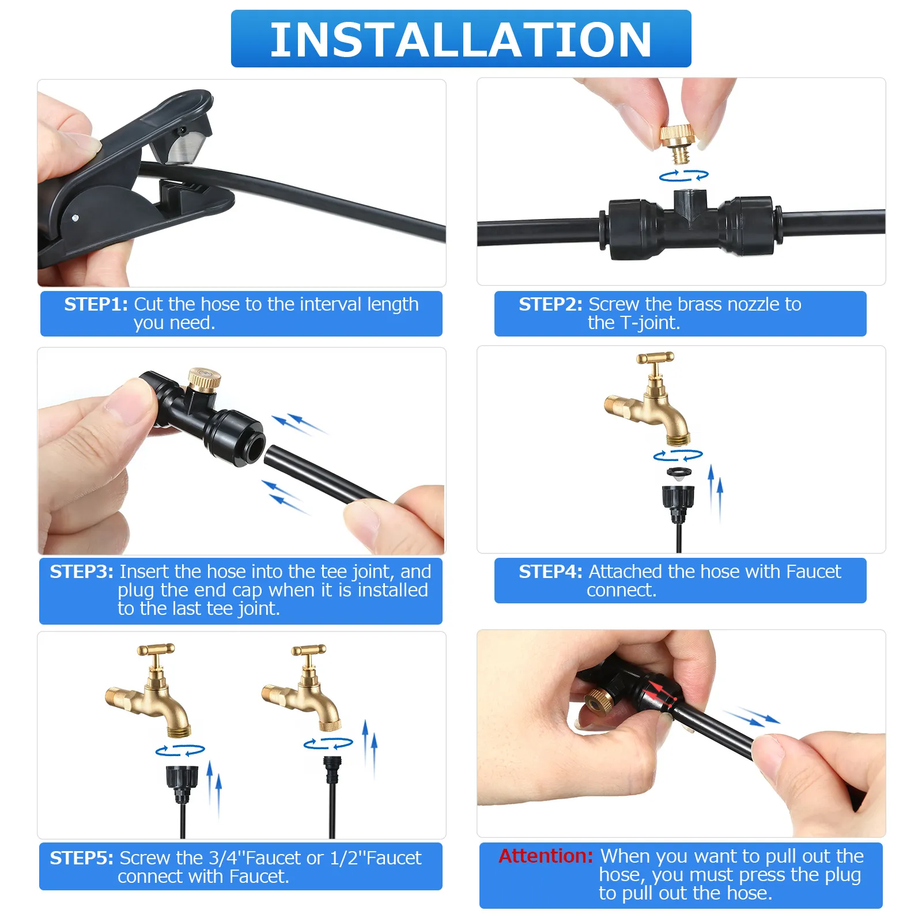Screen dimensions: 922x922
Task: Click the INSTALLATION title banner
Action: pos(461,39)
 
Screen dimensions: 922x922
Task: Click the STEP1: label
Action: pos(96,304)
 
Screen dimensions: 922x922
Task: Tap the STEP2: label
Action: pos(550,304)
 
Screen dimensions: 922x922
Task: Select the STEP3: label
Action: pos(81,572)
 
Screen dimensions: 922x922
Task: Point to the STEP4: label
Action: pos(550,572)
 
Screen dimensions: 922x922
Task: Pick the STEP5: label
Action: pos(81,858)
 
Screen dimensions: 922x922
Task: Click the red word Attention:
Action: pos(546,856)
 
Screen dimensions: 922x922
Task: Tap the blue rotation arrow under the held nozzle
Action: pos(683,176)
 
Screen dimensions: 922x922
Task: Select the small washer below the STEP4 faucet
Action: pos(679,474)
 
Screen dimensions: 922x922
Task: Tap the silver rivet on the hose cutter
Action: pos(75,218)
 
